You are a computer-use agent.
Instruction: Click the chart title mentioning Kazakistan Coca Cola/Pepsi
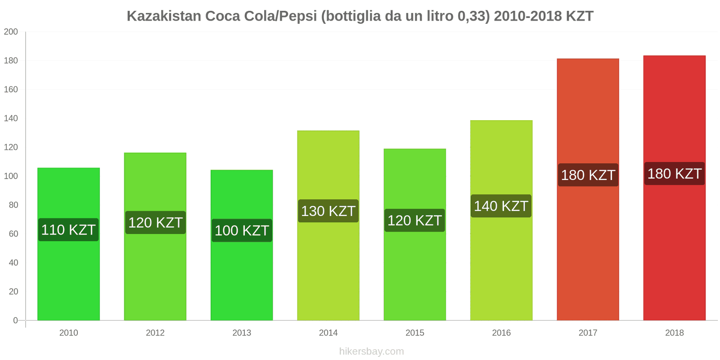tap(360, 16)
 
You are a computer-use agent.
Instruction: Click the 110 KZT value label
tap(68, 230)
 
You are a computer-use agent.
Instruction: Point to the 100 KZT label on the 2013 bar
tap(242, 230)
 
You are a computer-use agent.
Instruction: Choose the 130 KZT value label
tap(328, 211)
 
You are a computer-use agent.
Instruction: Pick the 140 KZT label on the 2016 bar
tap(501, 206)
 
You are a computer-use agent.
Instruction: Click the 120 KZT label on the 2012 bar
tap(155, 222)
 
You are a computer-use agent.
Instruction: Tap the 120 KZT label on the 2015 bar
tap(414, 220)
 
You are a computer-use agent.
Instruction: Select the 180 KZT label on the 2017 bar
tap(588, 175)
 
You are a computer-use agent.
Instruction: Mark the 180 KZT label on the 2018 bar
tap(674, 174)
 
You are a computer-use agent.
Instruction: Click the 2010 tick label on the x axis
tap(68, 333)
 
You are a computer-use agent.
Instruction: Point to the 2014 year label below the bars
tap(328, 333)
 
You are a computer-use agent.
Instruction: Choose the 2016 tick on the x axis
tap(501, 333)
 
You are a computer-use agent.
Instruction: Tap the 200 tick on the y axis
tap(11, 32)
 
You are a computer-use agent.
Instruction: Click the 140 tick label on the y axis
tap(11, 118)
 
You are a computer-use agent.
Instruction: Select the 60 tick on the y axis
tap(13, 234)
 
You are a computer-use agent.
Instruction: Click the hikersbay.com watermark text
tap(371, 351)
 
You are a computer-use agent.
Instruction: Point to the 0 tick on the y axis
tap(15, 320)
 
